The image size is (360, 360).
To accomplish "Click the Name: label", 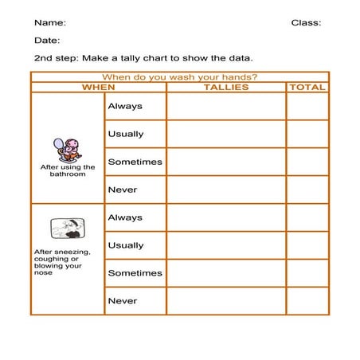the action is [x=50, y=23].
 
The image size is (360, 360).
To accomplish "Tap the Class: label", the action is [x=306, y=23].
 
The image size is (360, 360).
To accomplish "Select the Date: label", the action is [x=47, y=41].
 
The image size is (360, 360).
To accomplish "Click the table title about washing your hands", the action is [x=179, y=77].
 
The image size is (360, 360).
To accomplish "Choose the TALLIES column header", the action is [x=226, y=88].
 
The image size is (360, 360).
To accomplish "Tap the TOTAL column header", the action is [x=307, y=88].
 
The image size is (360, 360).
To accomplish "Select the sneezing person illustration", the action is [x=67, y=229].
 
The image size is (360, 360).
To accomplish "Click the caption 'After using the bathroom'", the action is [x=67, y=170].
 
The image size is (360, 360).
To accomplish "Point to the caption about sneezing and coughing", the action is [x=62, y=262].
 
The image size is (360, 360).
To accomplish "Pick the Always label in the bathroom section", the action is [x=125, y=106].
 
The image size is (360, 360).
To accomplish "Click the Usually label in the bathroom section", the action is [x=126, y=134].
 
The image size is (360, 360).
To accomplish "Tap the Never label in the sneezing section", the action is [x=123, y=301].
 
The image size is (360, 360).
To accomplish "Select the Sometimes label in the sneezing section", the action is [x=135, y=273].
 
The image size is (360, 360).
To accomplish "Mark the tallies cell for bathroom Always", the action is [x=226, y=106].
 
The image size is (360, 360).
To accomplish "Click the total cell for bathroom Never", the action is [x=307, y=190].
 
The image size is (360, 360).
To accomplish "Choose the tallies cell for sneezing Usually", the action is [x=226, y=245].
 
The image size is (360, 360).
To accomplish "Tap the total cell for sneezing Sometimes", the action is [x=307, y=273].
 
